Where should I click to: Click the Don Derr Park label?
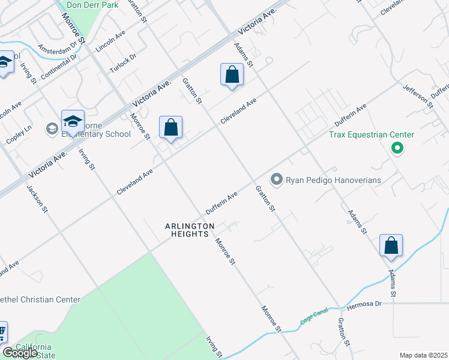[x=92, y=5]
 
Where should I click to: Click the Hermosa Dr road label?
[x=364, y=304]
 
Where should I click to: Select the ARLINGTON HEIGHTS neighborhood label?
[x=190, y=230]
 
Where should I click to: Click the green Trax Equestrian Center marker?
[x=396, y=147]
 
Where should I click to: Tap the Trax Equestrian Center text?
[x=372, y=134]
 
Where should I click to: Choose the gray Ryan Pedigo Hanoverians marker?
[x=276, y=179]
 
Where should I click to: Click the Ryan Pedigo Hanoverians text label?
[x=333, y=179]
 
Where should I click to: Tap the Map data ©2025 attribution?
[x=423, y=355]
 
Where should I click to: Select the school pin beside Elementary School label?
[x=73, y=122]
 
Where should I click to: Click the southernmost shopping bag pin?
[x=391, y=245]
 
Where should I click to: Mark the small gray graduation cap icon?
[x=52, y=128]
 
